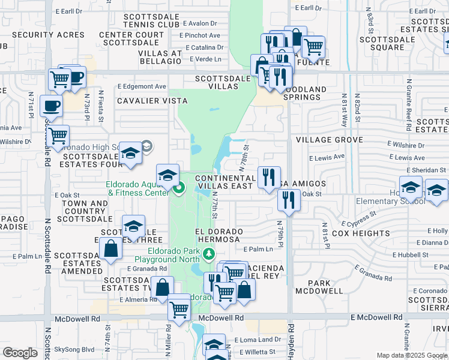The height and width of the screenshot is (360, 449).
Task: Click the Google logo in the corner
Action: pos(20,352)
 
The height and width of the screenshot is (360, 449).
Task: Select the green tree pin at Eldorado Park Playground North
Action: pos(208,254)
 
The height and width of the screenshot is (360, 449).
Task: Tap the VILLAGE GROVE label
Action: pos(329,140)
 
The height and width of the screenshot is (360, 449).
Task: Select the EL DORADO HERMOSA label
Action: pos(220,235)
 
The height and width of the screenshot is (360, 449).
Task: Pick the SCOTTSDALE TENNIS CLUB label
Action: pos(151,20)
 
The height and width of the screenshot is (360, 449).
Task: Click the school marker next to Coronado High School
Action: pos(131,154)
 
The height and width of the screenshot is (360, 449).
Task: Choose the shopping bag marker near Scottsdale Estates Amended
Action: pos(111,248)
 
